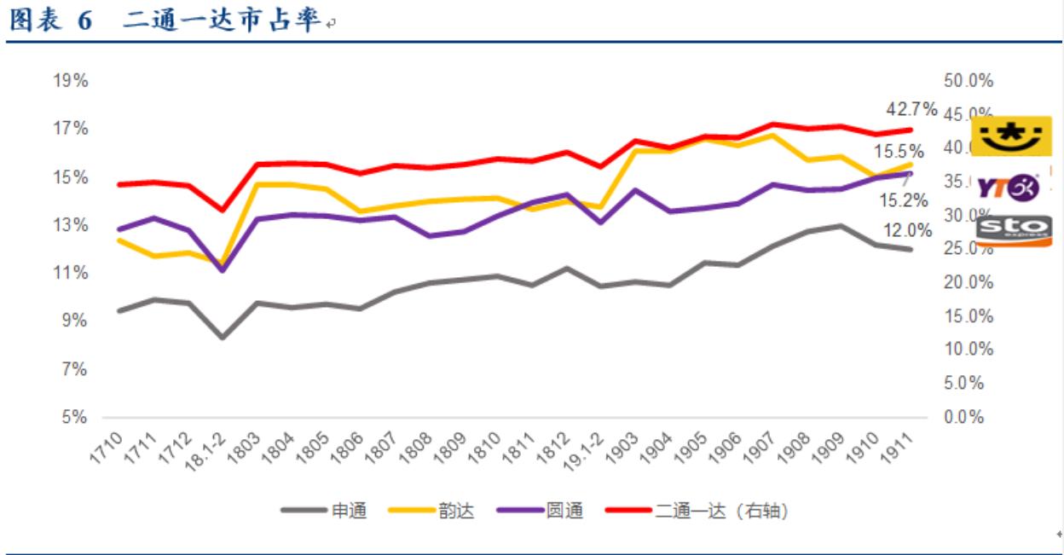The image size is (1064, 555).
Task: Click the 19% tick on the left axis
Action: (72, 81)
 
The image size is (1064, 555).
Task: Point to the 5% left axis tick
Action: (75, 418)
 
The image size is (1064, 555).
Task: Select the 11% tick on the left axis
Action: (72, 274)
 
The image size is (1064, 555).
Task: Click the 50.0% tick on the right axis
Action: (969, 81)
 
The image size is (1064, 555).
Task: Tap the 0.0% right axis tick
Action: (966, 418)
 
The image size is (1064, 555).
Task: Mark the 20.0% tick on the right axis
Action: (969, 283)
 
